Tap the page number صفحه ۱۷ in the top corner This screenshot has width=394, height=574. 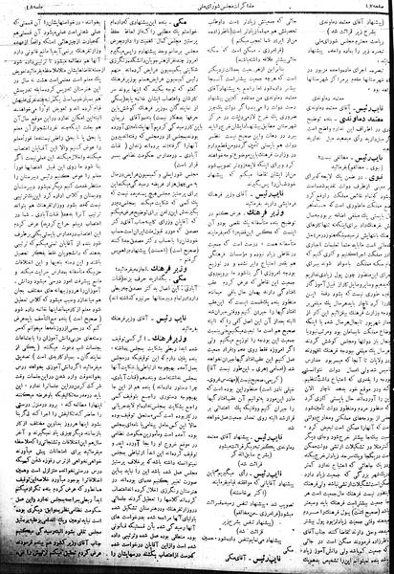368,6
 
